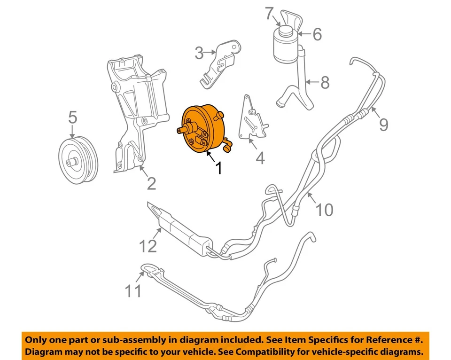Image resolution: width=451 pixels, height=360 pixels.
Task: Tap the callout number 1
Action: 218,167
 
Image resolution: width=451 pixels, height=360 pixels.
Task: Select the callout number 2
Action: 151,183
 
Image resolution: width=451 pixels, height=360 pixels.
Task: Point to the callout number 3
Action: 199,53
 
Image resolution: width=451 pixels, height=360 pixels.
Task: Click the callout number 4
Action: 260,158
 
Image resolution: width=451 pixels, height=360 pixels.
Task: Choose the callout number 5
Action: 72,117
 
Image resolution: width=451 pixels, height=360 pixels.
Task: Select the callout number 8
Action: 325,83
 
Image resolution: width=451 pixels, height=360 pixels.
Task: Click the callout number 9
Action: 384,124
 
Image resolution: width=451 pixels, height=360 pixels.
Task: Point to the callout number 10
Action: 324,209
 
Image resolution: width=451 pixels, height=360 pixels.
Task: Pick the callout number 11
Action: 133,291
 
